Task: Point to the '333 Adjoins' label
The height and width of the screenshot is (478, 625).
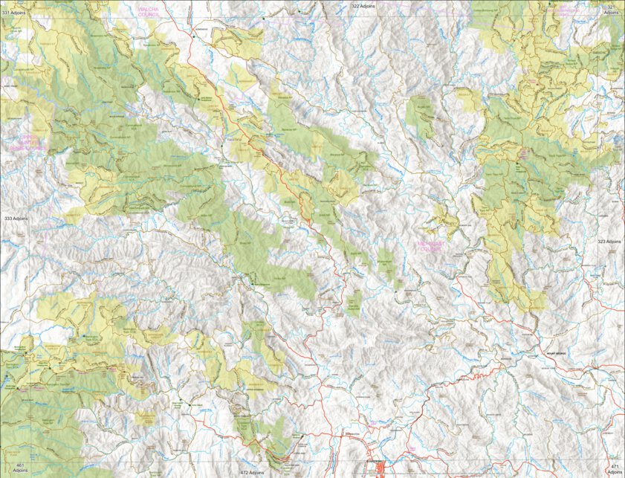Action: click(16, 219)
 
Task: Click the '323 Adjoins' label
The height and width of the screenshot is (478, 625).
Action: click(609, 242)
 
